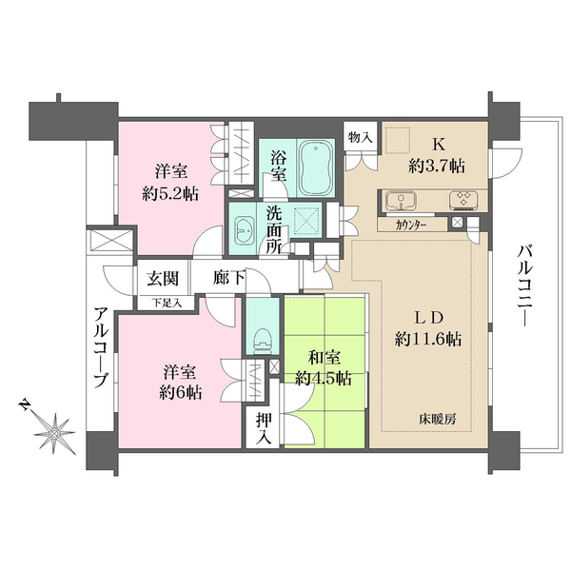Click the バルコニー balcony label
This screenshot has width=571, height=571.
click(524, 285)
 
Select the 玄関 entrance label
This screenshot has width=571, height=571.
click(164, 279)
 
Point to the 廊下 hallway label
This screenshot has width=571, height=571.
click(227, 279)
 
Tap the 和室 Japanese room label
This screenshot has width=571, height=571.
click(324, 358)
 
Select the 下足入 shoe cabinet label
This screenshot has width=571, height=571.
click(168, 303)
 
